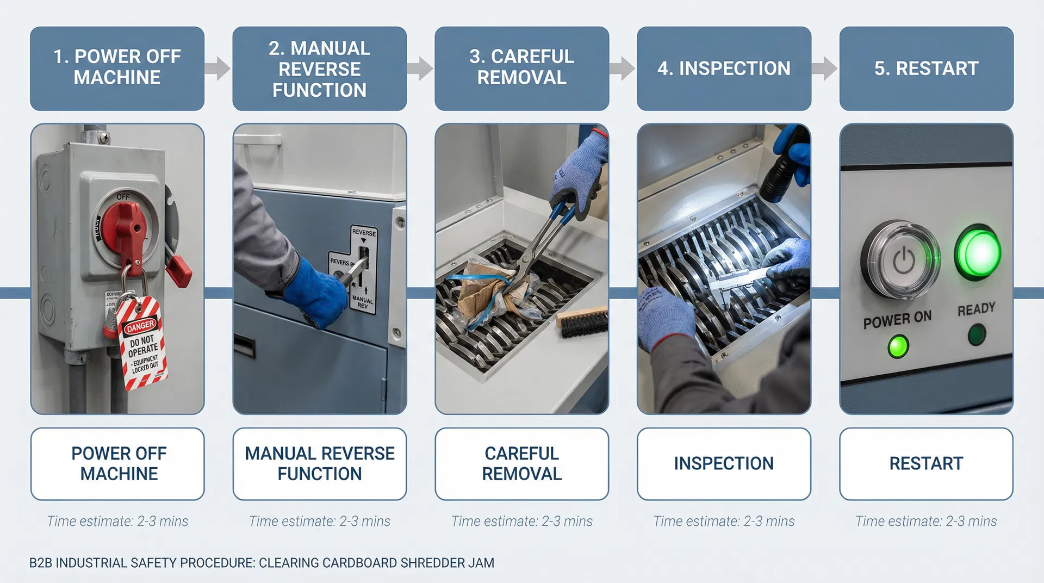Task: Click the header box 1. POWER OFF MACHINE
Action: pyautogui.click(x=117, y=68)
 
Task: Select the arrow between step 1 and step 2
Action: pyautogui.click(x=218, y=68)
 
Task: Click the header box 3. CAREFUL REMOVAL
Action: pyautogui.click(x=521, y=68)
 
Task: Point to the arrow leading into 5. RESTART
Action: pyautogui.click(x=824, y=68)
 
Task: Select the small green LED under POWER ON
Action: pyautogui.click(x=898, y=346)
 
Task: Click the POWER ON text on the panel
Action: pyautogui.click(x=897, y=319)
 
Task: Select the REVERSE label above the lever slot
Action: pyautogui.click(x=364, y=232)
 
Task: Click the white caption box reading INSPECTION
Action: pyautogui.click(x=724, y=463)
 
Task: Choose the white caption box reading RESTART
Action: pyautogui.click(x=926, y=463)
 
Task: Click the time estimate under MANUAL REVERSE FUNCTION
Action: pyautogui.click(x=320, y=521)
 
